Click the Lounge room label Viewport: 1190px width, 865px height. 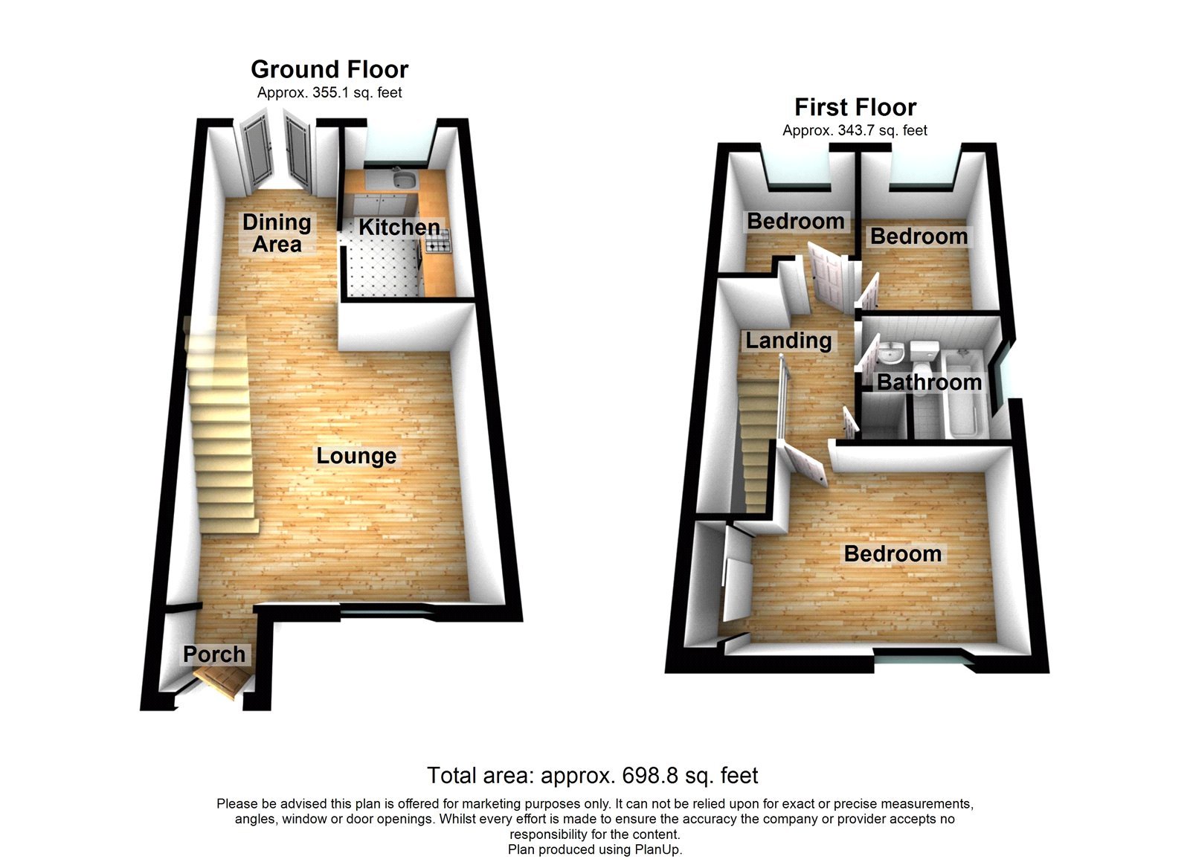(356, 456)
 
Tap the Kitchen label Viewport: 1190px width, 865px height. (399, 227)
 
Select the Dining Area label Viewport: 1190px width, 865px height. (277, 233)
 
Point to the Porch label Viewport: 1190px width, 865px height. (214, 655)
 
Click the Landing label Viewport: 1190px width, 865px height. (788, 341)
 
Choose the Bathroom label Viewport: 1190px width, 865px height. (929, 382)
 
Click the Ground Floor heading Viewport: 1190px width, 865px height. (329, 69)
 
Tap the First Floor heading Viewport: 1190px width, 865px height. (855, 107)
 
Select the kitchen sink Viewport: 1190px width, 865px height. (405, 179)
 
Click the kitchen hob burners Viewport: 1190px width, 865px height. (438, 239)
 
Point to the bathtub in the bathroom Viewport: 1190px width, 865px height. (963, 394)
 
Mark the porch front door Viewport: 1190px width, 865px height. (221, 681)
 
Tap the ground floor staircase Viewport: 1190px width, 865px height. (221, 424)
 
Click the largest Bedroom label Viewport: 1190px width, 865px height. (892, 554)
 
